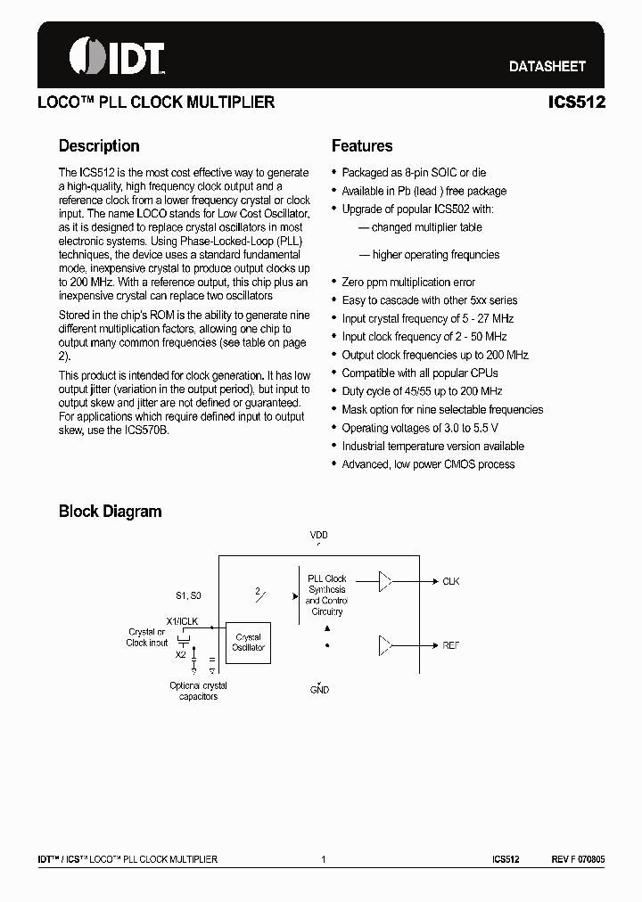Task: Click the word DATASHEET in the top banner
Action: pos(547,66)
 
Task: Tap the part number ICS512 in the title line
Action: pos(577,102)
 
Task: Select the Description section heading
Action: pos(99,146)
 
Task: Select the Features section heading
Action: pos(362,146)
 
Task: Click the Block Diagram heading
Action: pos(110,512)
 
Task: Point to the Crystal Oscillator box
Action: pos(248,643)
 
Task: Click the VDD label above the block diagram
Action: pos(319,536)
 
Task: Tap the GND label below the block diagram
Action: pos(319,690)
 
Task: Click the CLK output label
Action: pos(450,581)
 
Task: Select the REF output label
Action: pos(450,644)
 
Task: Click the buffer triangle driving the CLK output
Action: pos(384,581)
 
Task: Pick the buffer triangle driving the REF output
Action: pos(384,644)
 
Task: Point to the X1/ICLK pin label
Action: pos(182,620)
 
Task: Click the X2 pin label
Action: pos(181,654)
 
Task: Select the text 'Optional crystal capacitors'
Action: pos(198,691)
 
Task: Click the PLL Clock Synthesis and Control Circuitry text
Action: pos(326,594)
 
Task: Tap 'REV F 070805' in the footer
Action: pos(578,859)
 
